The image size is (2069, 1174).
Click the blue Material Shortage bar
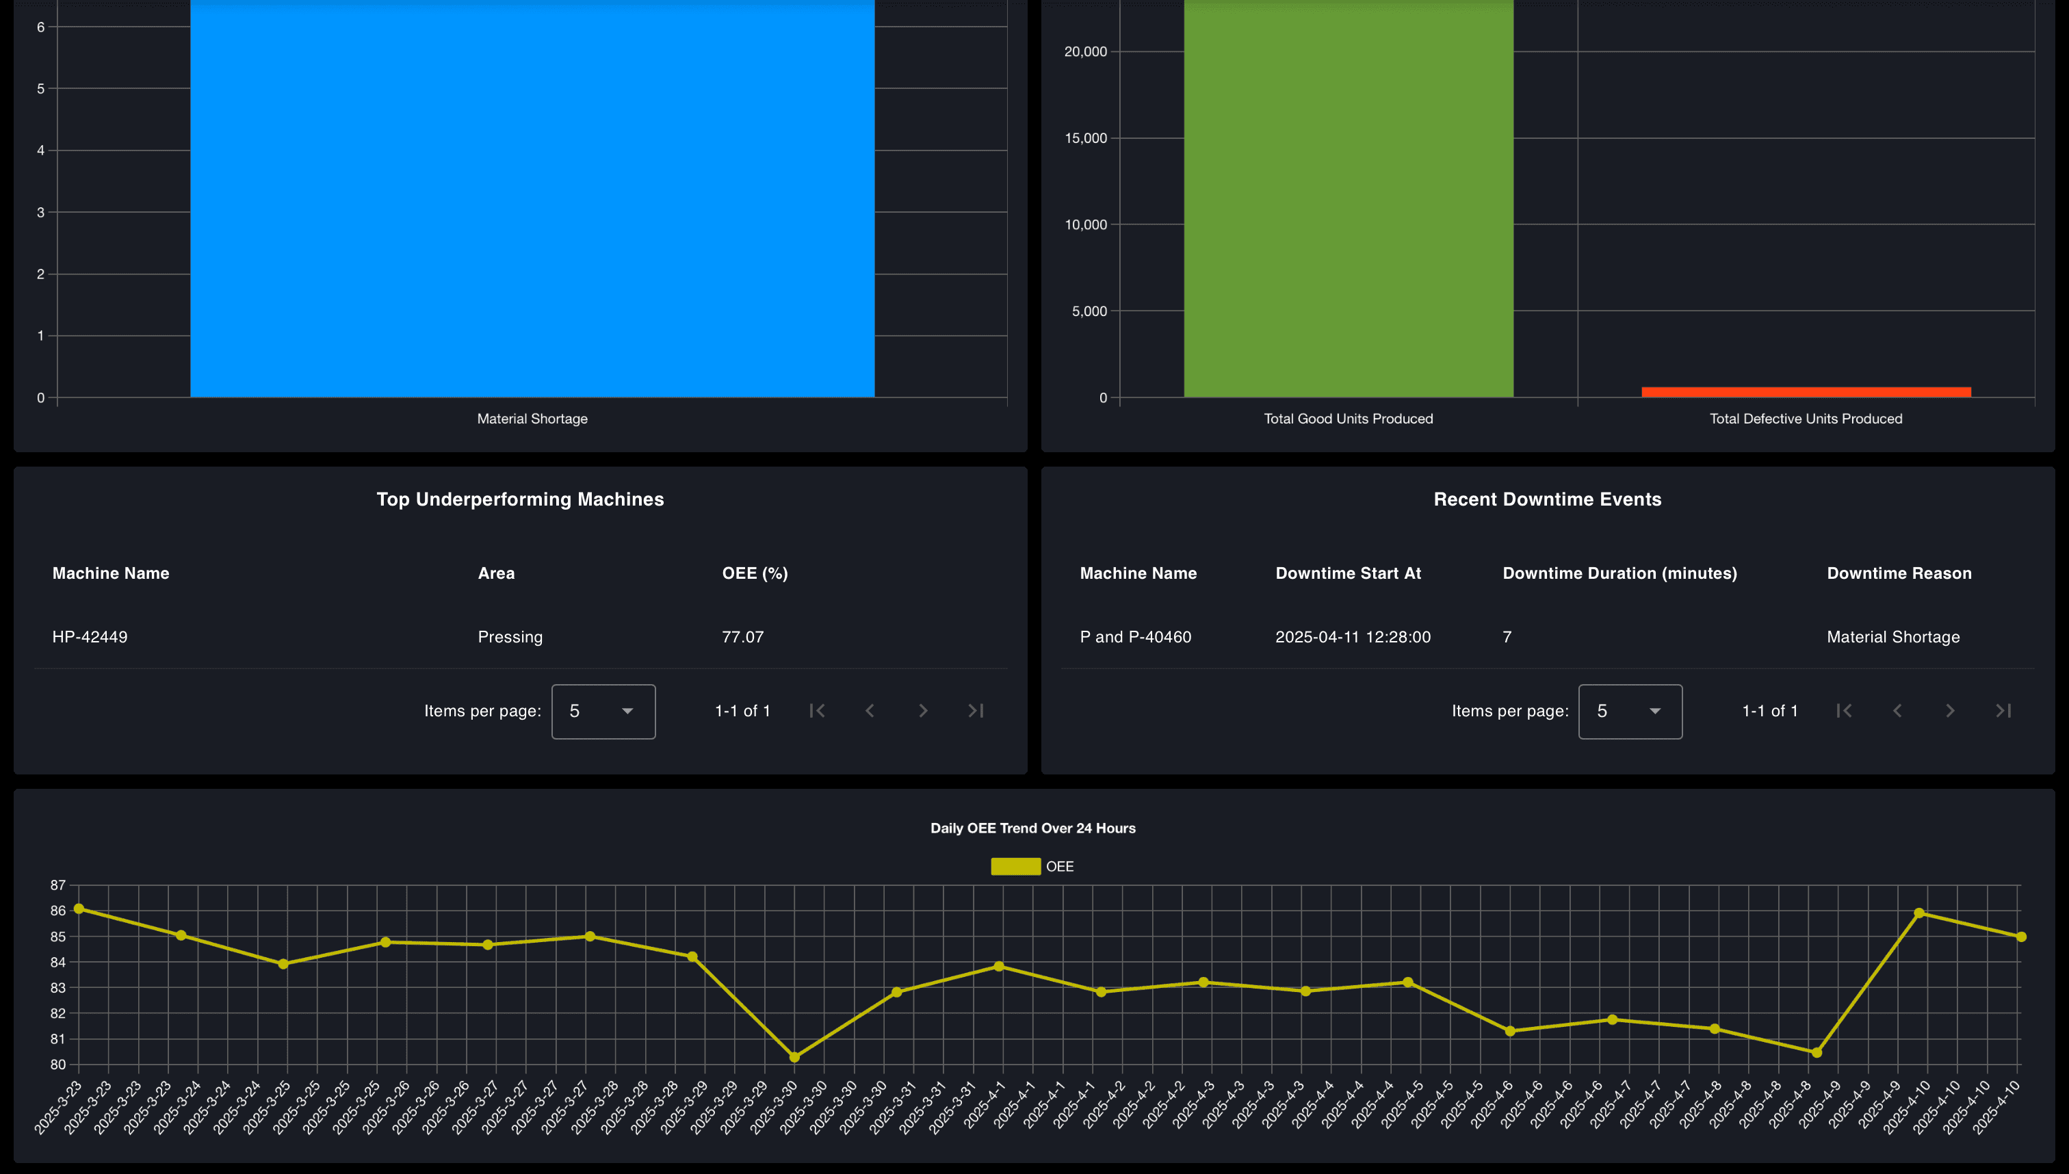point(532,202)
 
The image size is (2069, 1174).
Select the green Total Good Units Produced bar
point(1348,202)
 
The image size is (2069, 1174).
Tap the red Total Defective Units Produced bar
point(1806,392)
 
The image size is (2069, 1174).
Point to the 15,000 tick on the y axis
point(1085,139)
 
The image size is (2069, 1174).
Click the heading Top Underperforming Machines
point(520,499)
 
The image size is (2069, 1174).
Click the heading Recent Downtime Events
point(1546,499)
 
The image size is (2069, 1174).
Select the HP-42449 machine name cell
point(90,637)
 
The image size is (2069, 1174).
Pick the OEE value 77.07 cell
point(742,637)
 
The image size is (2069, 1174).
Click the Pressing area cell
point(510,637)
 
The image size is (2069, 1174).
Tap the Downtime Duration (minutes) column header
point(1619,573)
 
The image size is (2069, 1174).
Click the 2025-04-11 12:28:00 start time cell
point(1352,637)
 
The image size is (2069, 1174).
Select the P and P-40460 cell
point(1134,637)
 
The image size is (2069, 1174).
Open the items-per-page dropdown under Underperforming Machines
point(603,712)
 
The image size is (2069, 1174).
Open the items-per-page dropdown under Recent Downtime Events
point(1630,712)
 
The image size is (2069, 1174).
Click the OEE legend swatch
point(1015,867)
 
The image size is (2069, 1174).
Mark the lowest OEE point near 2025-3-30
point(794,1057)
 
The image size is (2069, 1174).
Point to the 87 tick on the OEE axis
point(58,885)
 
